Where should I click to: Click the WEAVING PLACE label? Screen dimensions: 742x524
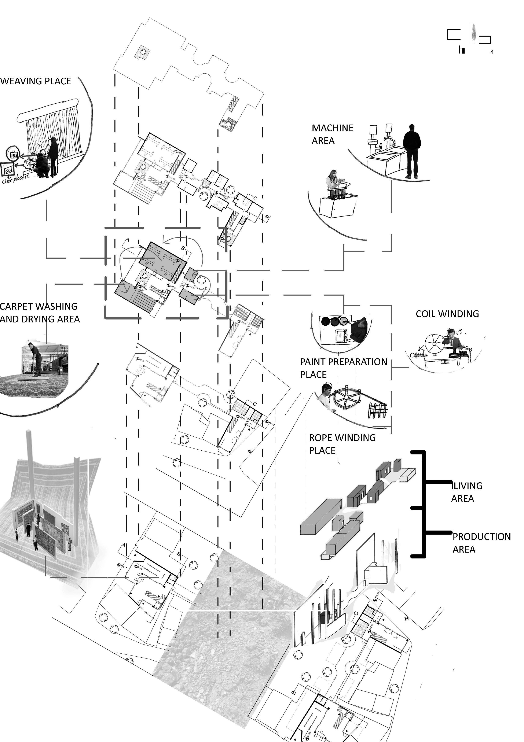36,81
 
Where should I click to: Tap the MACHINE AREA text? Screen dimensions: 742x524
332,134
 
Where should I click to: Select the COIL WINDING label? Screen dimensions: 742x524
447,314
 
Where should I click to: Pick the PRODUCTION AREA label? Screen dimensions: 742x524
481,543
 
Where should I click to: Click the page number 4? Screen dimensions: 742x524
492,52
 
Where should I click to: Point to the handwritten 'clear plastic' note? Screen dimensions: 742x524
15,179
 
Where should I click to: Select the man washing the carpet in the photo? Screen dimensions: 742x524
36,359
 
